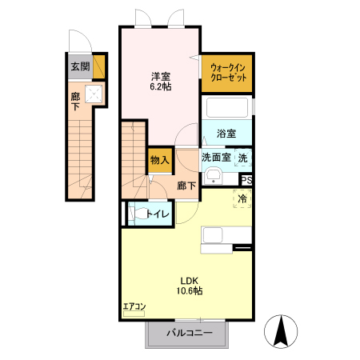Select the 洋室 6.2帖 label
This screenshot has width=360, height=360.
click(x=161, y=82)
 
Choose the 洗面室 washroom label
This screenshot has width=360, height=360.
click(x=215, y=158)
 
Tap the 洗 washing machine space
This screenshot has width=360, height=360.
click(x=242, y=158)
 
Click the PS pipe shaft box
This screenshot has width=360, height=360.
click(x=246, y=180)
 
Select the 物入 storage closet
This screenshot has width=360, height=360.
click(x=159, y=159)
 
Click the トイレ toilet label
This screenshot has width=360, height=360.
click(x=156, y=214)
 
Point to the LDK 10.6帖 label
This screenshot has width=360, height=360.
click(x=189, y=286)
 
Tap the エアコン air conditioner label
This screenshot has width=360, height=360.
click(x=134, y=306)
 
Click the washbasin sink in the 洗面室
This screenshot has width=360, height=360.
click(x=212, y=177)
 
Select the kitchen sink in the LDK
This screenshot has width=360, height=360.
click(x=213, y=234)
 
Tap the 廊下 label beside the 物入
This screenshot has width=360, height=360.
click(x=186, y=185)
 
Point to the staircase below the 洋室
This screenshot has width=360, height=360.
click(x=134, y=160)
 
